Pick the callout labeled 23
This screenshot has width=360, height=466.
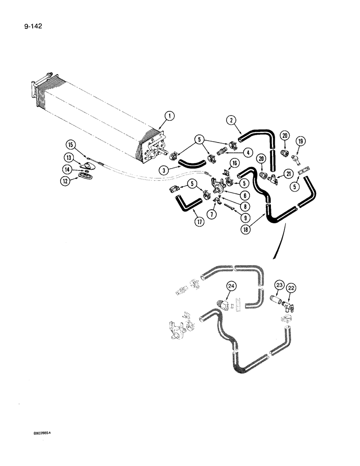click(279, 285)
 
